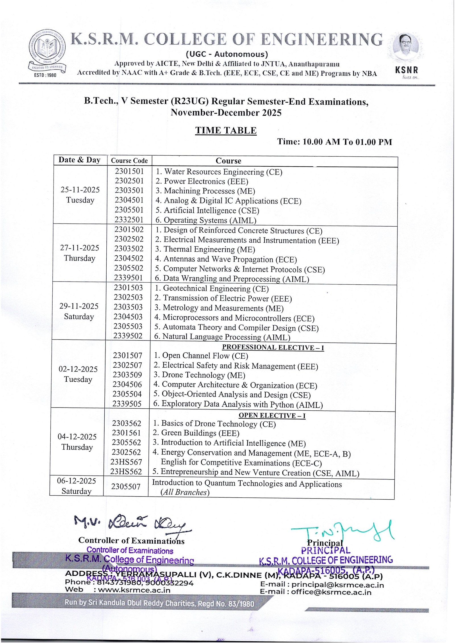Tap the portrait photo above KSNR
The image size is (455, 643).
(406, 47)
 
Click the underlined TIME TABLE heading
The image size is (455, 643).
(226, 131)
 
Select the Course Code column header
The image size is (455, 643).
(129, 161)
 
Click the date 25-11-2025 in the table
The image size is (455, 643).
(80, 190)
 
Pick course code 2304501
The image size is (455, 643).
(129, 200)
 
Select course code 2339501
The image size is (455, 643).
(129, 278)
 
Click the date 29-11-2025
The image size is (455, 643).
(79, 306)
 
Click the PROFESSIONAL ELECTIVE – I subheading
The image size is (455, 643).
(273, 348)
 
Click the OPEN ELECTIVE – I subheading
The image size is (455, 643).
(272, 415)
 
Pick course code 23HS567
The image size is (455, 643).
(126, 462)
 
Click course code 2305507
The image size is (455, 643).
(126, 487)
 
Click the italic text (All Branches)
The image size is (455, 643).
(185, 492)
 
